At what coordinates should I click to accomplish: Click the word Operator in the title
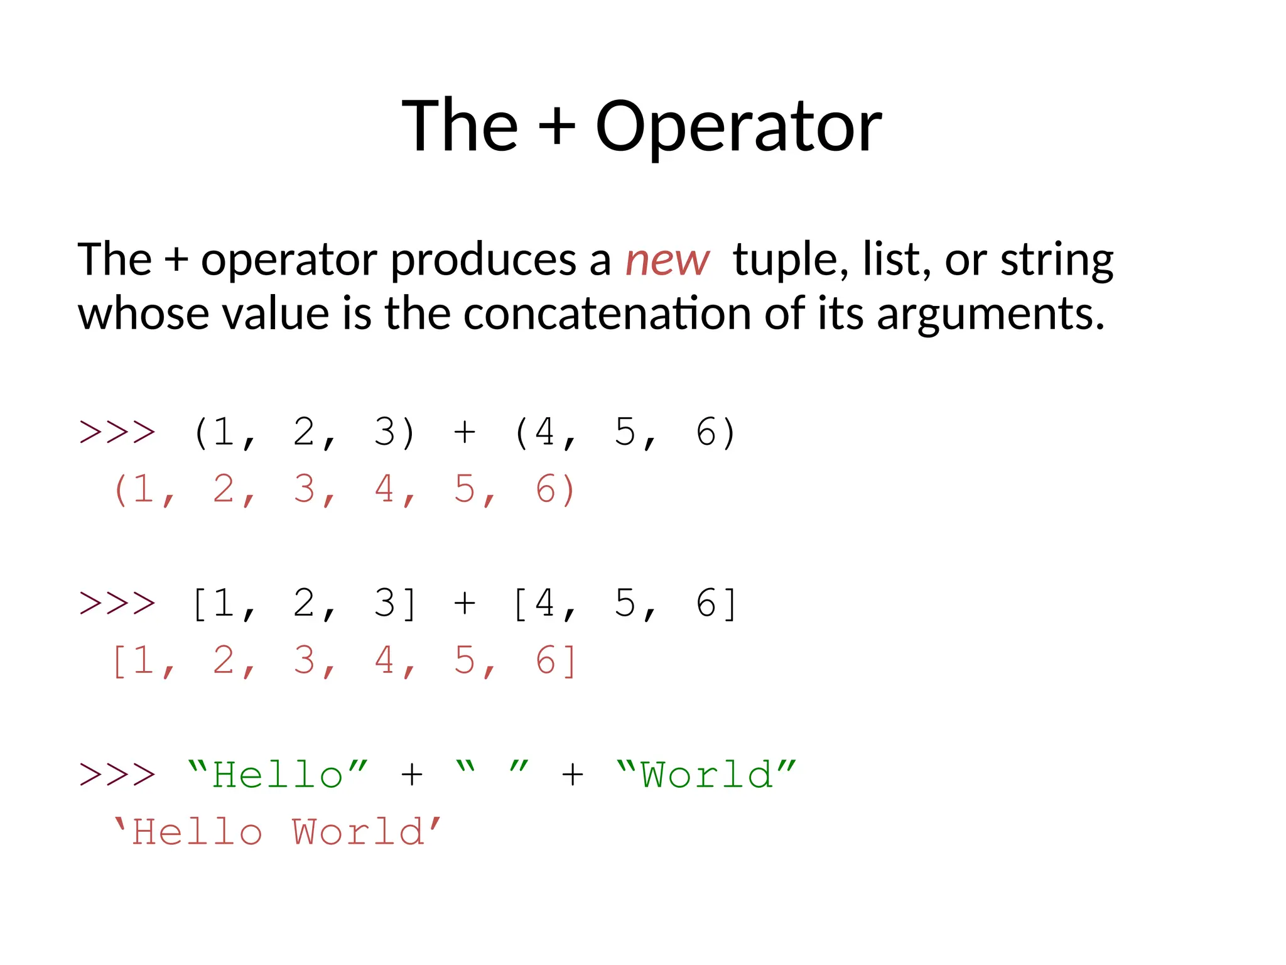click(x=738, y=127)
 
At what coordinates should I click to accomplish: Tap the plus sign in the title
click(x=556, y=127)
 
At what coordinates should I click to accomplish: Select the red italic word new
click(x=667, y=260)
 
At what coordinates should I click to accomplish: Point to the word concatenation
click(x=607, y=313)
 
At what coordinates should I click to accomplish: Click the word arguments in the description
click(x=989, y=313)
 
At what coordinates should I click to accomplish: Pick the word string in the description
click(x=1057, y=260)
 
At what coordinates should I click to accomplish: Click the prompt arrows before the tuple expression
click(x=117, y=432)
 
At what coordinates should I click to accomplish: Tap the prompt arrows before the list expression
click(x=117, y=604)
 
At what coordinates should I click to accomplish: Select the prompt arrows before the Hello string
click(x=117, y=775)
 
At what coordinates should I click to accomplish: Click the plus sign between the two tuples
click(x=464, y=432)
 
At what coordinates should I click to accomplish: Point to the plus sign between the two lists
click(x=464, y=604)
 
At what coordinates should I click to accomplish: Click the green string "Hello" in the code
click(x=278, y=775)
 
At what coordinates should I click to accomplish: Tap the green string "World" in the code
click(x=706, y=775)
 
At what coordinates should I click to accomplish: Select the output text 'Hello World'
click(x=278, y=832)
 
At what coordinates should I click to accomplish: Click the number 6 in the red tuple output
click(x=545, y=489)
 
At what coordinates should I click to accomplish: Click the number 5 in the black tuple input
click(x=625, y=432)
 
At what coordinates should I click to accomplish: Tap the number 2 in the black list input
click(x=304, y=604)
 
